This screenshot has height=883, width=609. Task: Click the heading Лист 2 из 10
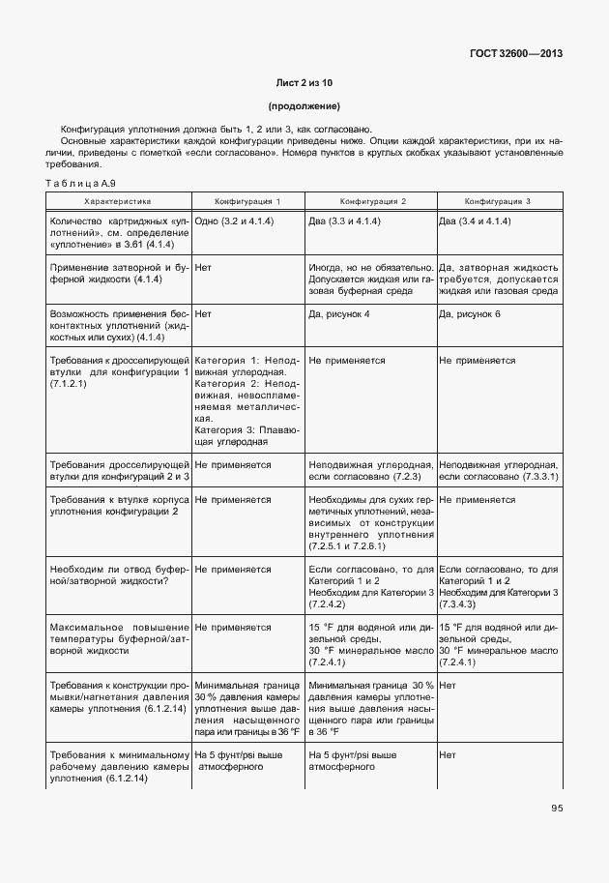pyautogui.click(x=304, y=83)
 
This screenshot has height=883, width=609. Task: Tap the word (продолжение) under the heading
pyautogui.click(x=304, y=106)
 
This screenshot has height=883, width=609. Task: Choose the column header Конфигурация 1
pyautogui.click(x=247, y=201)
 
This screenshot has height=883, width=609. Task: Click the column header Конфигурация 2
pyautogui.click(x=371, y=201)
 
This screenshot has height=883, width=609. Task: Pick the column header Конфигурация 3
pyautogui.click(x=498, y=201)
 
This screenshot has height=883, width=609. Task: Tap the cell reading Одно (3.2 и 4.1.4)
pyautogui.click(x=234, y=221)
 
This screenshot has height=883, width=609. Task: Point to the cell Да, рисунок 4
pyautogui.click(x=338, y=314)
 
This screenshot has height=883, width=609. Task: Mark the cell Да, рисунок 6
pyautogui.click(x=470, y=314)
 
